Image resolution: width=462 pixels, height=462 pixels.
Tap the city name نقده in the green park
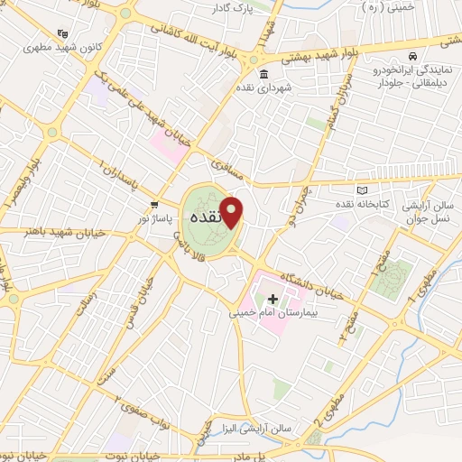[x=210, y=217]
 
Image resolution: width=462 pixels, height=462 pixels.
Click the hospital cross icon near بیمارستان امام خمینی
[x=273, y=298]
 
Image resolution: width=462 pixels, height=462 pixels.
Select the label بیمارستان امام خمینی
[x=268, y=315]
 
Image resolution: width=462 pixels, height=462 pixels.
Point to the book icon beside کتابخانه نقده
[x=363, y=191]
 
